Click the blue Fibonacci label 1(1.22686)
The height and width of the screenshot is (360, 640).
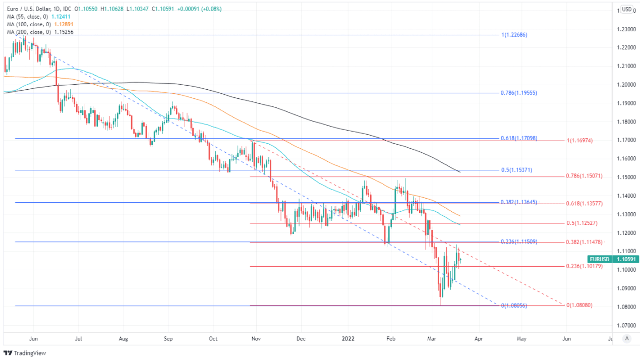514,35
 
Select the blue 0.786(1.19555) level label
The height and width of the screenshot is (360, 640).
519,93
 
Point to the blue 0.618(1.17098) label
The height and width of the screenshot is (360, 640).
519,138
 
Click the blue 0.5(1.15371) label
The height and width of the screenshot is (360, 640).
516,170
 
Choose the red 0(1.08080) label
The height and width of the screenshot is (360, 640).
579,305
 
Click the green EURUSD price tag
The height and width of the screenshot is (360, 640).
613,259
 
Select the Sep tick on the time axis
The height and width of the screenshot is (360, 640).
168,339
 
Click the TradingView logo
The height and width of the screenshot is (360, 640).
25,353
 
